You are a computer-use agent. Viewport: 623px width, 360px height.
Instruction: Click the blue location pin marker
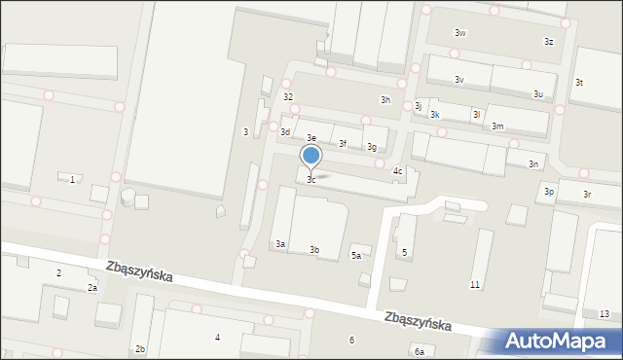point(311,157)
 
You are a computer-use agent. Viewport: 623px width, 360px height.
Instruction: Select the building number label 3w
point(460,33)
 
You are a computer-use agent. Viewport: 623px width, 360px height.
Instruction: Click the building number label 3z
point(549,41)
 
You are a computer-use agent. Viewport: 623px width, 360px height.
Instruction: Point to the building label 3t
point(579,83)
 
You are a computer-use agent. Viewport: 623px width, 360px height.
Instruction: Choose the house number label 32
point(288,97)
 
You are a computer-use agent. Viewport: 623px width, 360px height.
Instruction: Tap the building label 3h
point(385,99)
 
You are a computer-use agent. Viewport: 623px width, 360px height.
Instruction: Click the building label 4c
point(398,171)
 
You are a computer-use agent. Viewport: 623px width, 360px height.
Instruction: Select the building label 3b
point(314,250)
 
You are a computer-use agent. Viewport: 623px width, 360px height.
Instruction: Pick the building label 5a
point(356,255)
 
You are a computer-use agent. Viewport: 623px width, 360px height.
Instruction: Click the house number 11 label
point(475,284)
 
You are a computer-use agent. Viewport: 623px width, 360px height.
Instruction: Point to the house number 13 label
point(605,313)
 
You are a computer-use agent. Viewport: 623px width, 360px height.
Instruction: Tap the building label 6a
point(419,350)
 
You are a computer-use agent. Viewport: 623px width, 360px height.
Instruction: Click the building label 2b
point(141,348)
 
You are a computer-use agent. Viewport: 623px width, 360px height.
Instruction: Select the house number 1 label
point(72,179)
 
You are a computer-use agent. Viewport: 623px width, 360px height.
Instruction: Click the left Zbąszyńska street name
point(141,273)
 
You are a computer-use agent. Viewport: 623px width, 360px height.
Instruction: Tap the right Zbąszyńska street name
point(417,320)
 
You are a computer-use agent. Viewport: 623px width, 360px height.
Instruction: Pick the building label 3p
point(549,192)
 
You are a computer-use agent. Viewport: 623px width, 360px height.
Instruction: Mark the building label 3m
point(497,126)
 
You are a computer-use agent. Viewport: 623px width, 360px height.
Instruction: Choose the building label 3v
point(458,80)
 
